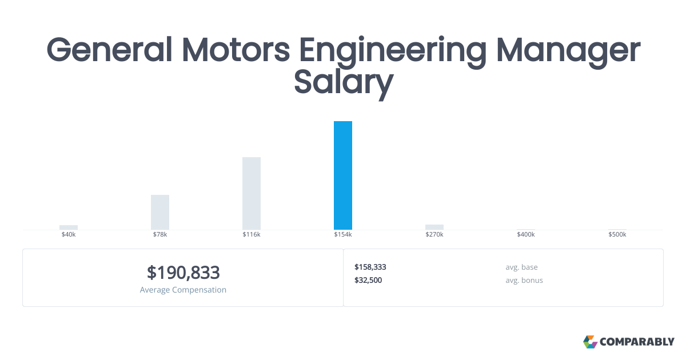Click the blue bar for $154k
tap(343, 175)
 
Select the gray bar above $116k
tap(252, 193)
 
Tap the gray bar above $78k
tap(160, 212)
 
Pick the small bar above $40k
tap(69, 227)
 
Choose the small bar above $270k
tap(434, 227)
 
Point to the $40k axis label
tap(69, 235)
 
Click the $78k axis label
tap(160, 235)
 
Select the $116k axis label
tap(252, 235)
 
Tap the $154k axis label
tap(343, 235)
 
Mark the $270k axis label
tap(434, 235)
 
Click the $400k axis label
tap(526, 235)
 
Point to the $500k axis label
tap(617, 235)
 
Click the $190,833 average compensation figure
tap(183, 273)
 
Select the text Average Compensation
tap(183, 290)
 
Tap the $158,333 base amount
tap(370, 267)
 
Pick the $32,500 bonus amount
tap(368, 280)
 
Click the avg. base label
tap(521, 267)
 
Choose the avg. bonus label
tap(524, 280)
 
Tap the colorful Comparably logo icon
tap(590, 342)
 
